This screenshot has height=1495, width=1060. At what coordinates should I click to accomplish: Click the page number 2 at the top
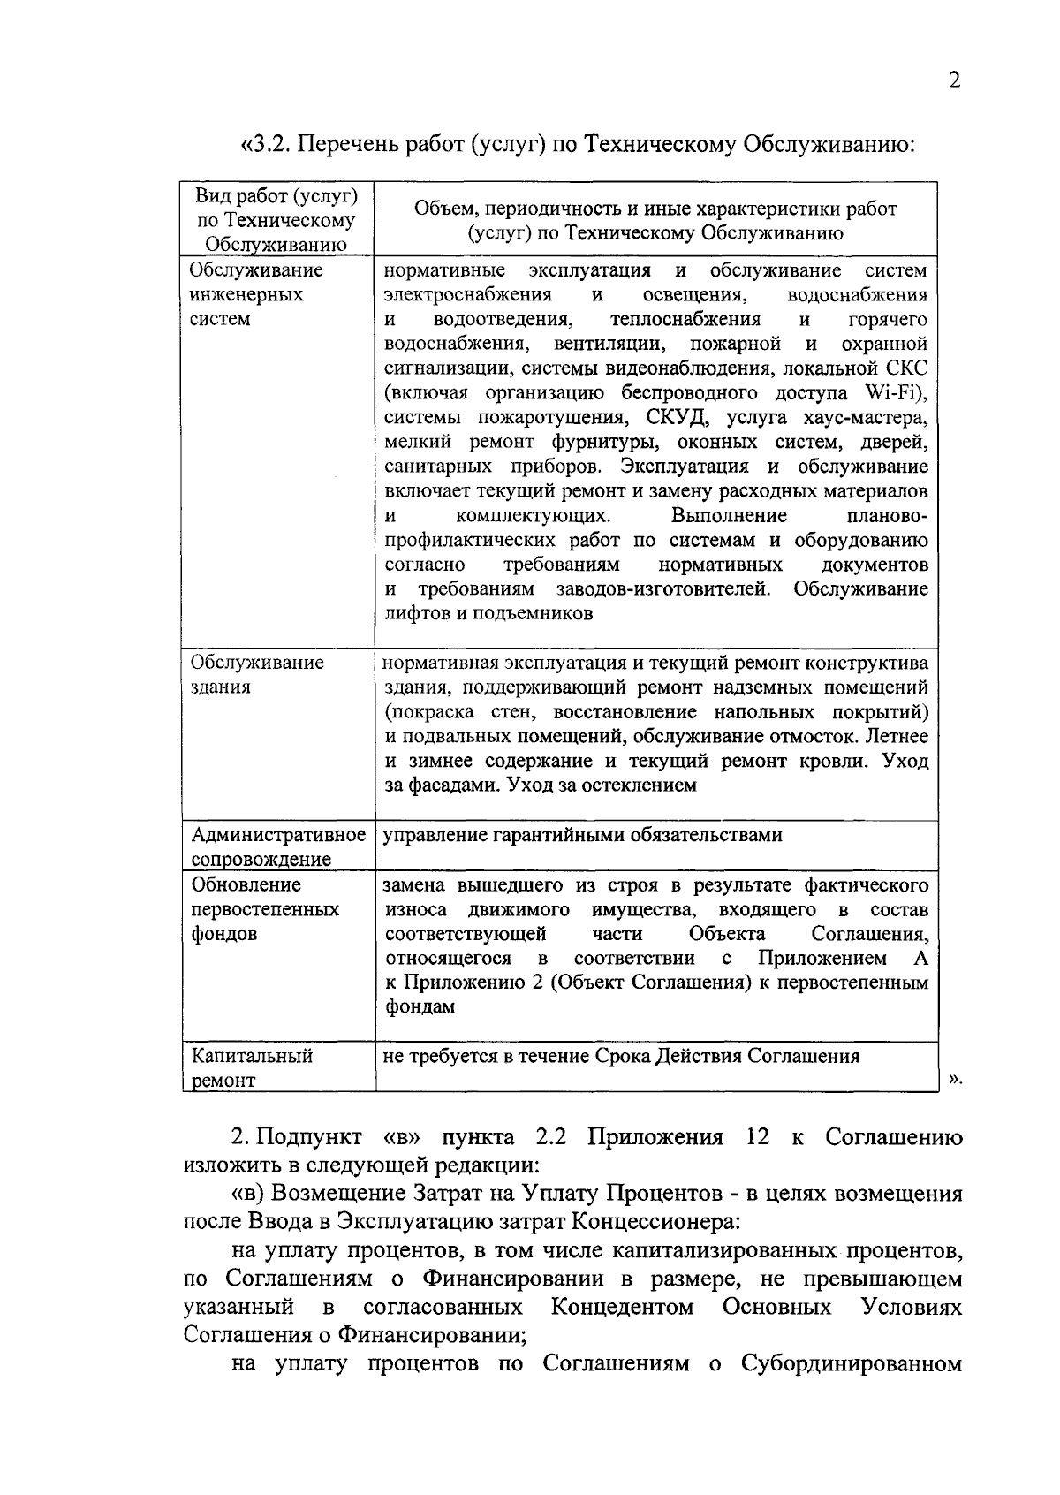pos(954,81)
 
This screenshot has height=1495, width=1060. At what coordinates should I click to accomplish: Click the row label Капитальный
pos(253,1056)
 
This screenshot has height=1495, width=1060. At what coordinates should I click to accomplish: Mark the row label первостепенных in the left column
pos(265,909)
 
